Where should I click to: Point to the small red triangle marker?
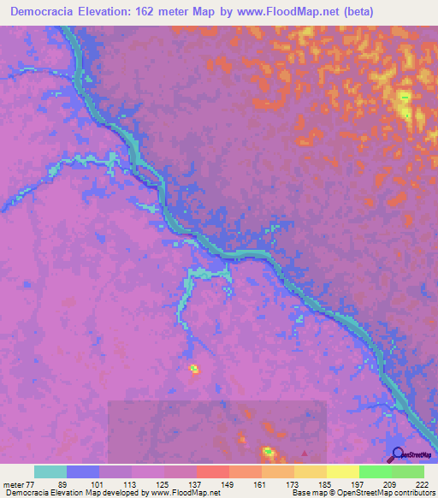tap(305, 453)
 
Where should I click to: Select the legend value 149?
tap(228, 484)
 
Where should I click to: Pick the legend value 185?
tap(324, 484)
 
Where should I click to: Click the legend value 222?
tap(420, 484)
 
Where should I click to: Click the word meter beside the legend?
tap(13, 484)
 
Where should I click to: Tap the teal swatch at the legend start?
tap(50, 471)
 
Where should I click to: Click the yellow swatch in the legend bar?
tap(343, 471)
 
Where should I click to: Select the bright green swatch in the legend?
tap(376, 471)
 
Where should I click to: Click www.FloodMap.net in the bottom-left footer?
tap(185, 493)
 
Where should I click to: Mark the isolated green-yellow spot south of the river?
tap(194, 369)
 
